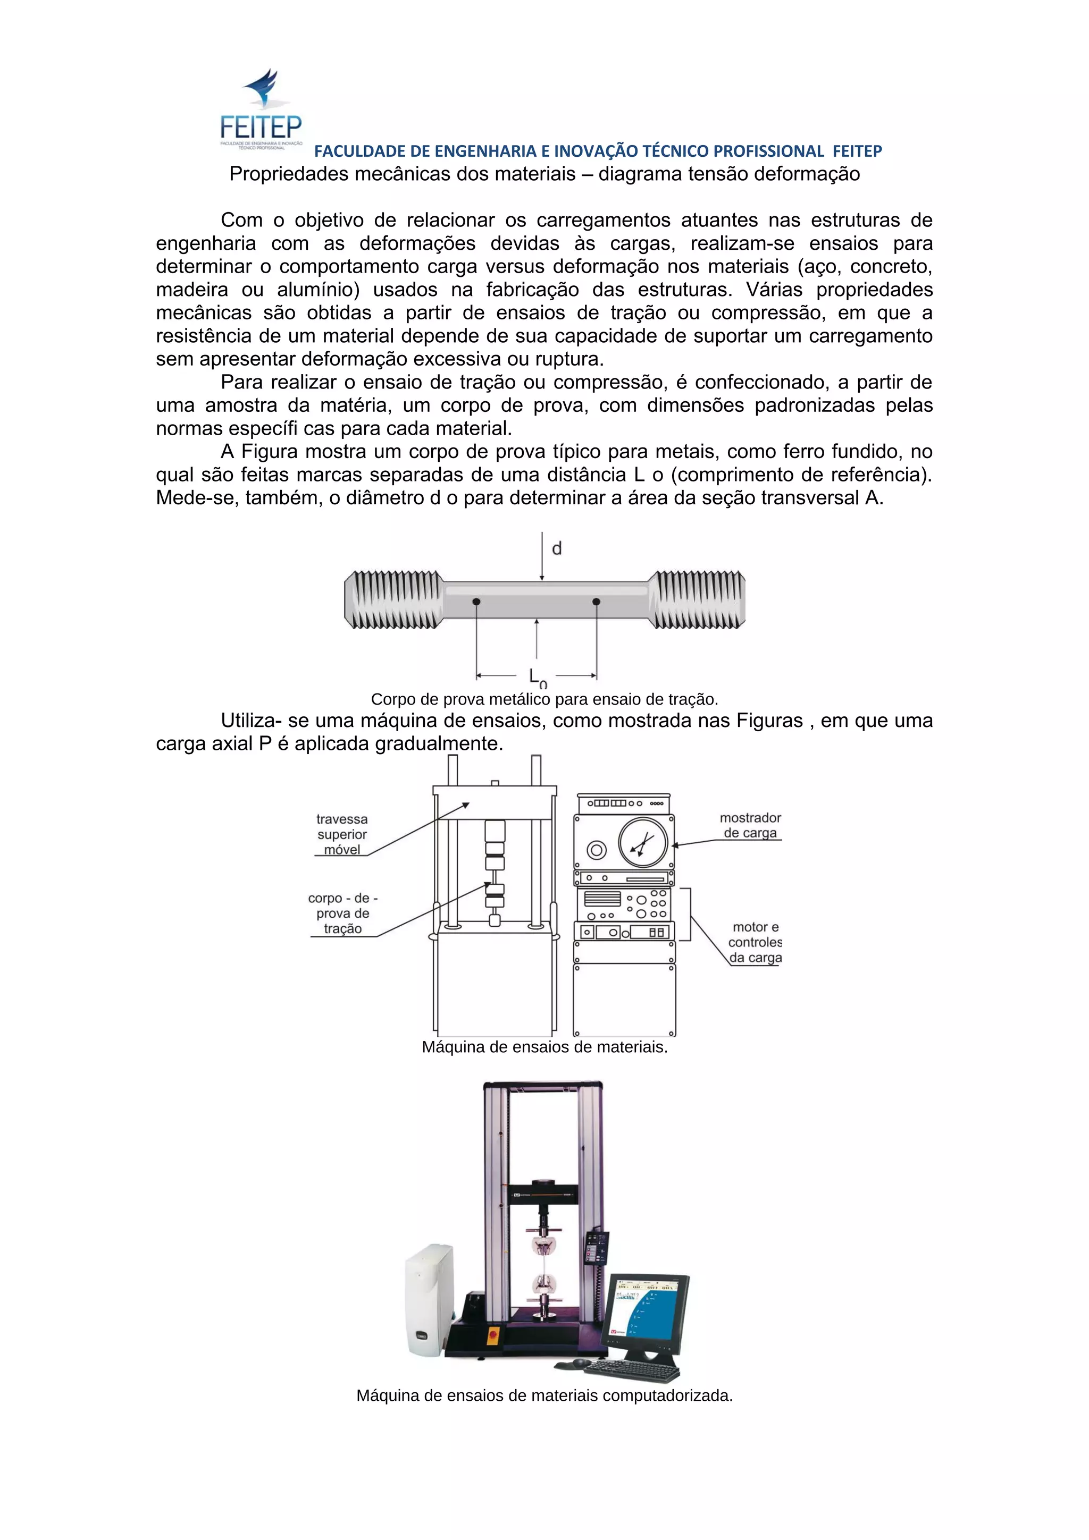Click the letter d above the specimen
tap(556, 548)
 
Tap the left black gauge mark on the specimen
tap(476, 601)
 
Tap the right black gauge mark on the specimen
tap(596, 601)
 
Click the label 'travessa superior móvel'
tap(342, 834)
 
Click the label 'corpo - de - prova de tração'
tap(343, 913)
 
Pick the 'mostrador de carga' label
tap(750, 825)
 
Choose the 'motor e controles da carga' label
tap(756, 942)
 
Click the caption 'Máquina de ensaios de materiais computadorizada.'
tap(544, 1396)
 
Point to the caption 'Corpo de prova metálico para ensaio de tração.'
tap(544, 699)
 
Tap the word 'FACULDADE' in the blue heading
tap(354, 151)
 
